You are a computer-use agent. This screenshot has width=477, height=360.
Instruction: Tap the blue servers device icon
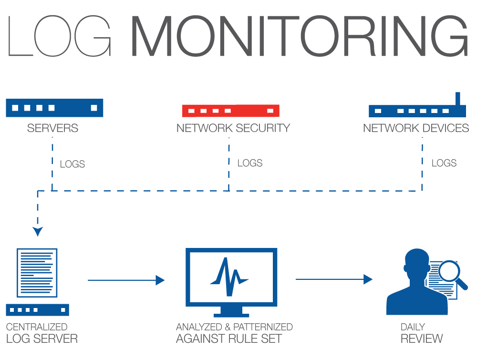click(x=54, y=108)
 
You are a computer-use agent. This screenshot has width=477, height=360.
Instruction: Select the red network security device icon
click(x=230, y=111)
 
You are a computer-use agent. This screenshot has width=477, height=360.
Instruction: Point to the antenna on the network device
click(x=458, y=99)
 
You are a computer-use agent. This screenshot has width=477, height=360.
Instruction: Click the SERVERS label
click(x=52, y=128)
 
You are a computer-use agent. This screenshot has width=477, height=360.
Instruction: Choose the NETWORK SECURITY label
click(x=233, y=128)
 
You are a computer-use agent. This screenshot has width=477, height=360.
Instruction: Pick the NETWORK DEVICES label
click(x=415, y=128)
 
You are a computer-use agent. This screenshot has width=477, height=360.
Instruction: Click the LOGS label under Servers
click(x=73, y=165)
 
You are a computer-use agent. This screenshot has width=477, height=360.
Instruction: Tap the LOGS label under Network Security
click(x=250, y=163)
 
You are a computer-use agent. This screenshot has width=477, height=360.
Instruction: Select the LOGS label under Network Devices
click(x=444, y=163)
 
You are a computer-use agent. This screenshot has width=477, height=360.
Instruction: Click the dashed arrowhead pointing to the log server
click(x=38, y=231)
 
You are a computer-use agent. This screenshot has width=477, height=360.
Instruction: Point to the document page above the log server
click(x=37, y=272)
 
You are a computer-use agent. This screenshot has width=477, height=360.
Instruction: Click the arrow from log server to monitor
click(x=126, y=280)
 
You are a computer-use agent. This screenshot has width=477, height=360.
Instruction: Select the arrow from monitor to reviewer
click(x=334, y=279)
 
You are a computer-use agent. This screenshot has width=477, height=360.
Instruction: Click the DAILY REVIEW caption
click(x=421, y=334)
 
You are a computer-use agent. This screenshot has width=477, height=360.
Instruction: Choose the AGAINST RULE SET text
click(x=228, y=339)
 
